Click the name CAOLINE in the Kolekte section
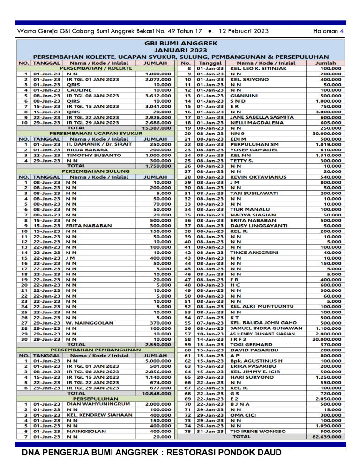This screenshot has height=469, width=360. click(79, 89)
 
